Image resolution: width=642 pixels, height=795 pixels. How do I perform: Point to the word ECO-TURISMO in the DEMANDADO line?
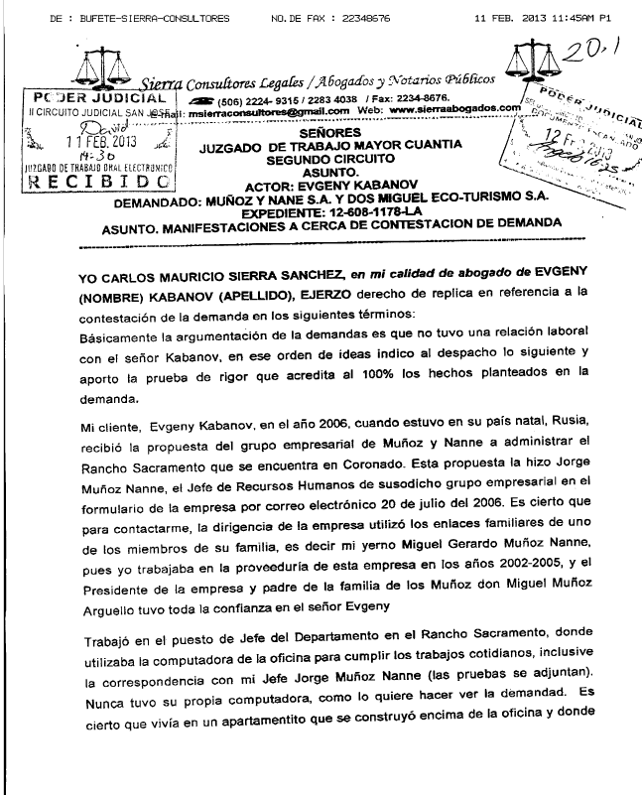point(463,199)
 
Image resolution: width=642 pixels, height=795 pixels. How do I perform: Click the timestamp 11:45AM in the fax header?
point(557,19)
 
